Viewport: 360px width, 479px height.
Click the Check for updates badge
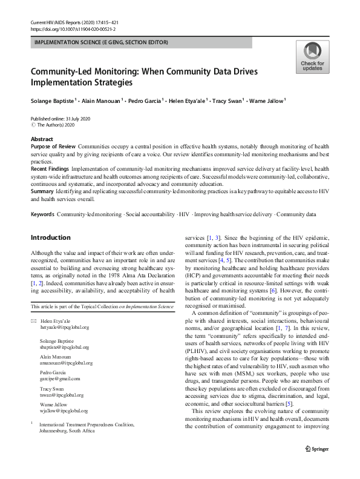(x=312, y=56)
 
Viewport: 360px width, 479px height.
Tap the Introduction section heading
(x=50, y=237)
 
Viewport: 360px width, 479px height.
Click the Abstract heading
(x=42, y=139)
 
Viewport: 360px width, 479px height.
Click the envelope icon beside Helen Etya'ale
(x=33, y=320)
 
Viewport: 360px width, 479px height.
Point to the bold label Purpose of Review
(x=53, y=147)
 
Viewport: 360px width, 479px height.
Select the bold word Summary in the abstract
(x=42, y=191)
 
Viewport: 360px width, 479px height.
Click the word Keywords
(x=43, y=215)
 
